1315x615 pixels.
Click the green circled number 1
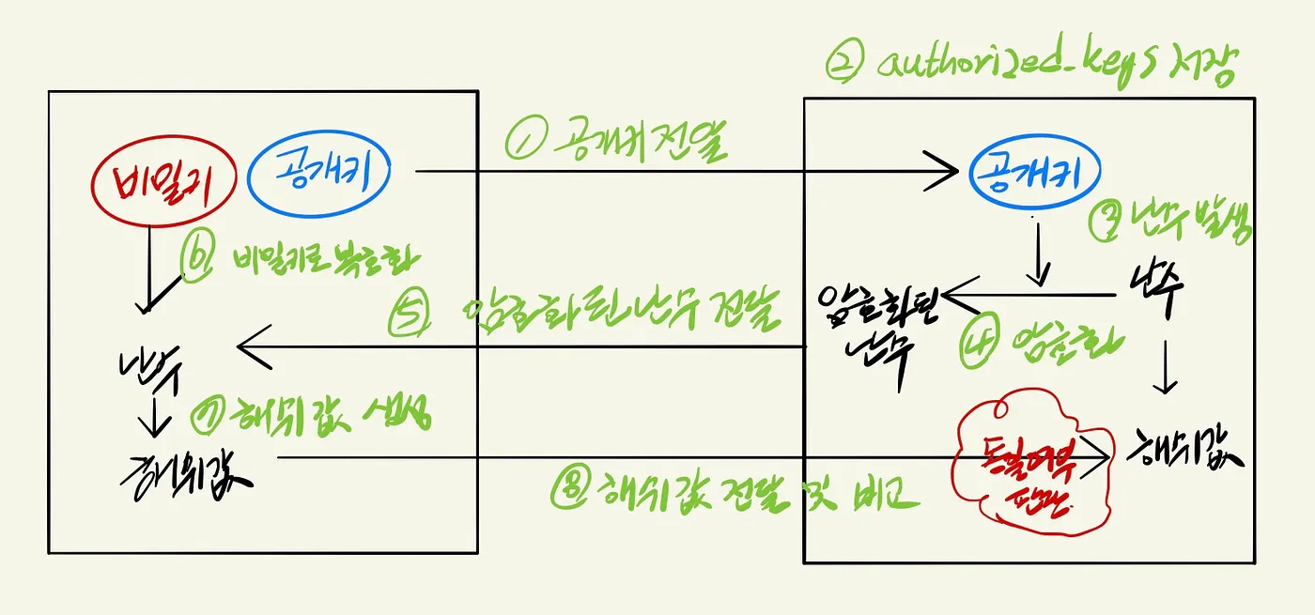tap(521, 143)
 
